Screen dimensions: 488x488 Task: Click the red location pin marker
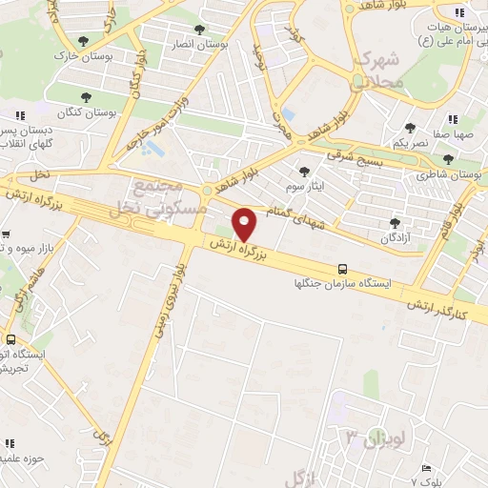(x=246, y=224)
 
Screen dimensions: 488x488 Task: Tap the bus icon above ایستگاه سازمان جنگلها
(x=342, y=270)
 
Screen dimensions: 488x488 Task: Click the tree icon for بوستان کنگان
(x=87, y=96)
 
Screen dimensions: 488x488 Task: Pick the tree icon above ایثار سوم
(x=304, y=173)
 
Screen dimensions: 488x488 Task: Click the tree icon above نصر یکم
(x=410, y=127)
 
